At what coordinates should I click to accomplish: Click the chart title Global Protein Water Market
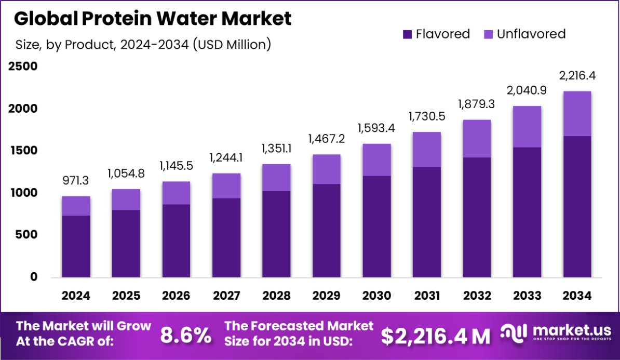153,19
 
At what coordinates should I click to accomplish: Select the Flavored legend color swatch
407,34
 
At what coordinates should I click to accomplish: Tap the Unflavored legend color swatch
488,34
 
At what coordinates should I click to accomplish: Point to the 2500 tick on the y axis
22,66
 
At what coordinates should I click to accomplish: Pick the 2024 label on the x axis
76,296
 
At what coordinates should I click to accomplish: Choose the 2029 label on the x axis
327,296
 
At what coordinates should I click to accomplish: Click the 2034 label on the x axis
577,296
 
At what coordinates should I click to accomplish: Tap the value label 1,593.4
376,128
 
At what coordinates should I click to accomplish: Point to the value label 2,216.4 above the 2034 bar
577,76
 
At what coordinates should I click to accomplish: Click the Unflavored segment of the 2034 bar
577,114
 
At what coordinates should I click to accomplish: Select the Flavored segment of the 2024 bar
76,246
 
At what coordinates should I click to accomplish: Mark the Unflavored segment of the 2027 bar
226,185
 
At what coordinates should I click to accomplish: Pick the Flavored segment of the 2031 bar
427,222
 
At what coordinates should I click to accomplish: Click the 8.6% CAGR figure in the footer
186,336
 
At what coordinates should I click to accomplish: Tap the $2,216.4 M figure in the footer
436,336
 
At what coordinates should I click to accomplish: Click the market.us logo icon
514,333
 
